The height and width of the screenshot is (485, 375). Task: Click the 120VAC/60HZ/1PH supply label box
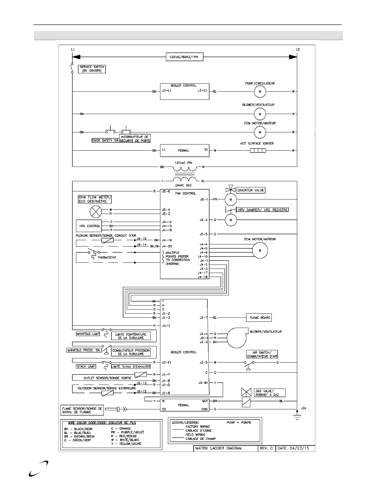click(184, 57)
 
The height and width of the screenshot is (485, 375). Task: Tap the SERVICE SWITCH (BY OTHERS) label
click(92, 69)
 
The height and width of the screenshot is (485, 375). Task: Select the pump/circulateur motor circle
click(260, 92)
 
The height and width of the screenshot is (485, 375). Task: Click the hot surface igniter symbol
click(258, 151)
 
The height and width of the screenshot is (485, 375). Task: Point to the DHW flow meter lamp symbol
click(96, 212)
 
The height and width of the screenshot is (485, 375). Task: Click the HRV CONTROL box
click(89, 226)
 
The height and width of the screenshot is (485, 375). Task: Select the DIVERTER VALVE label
click(251, 190)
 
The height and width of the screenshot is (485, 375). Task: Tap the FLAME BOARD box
click(259, 318)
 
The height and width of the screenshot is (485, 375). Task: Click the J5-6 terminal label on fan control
click(166, 191)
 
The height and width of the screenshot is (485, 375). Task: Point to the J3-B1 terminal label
click(203, 383)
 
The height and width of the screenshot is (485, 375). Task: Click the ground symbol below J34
click(297, 417)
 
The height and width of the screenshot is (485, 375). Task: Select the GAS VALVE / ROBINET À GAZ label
click(270, 393)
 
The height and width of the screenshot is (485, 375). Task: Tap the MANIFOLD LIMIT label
click(88, 334)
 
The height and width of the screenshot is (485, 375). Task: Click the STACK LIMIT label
click(86, 366)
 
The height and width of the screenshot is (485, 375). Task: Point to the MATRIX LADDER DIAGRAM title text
click(218, 448)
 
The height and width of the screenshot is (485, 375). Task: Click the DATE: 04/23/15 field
click(295, 448)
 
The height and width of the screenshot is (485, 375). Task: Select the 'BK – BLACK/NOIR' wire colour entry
click(78, 429)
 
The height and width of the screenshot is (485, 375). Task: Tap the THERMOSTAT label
click(107, 258)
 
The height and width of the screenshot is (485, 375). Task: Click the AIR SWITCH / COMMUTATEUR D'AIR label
click(262, 354)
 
